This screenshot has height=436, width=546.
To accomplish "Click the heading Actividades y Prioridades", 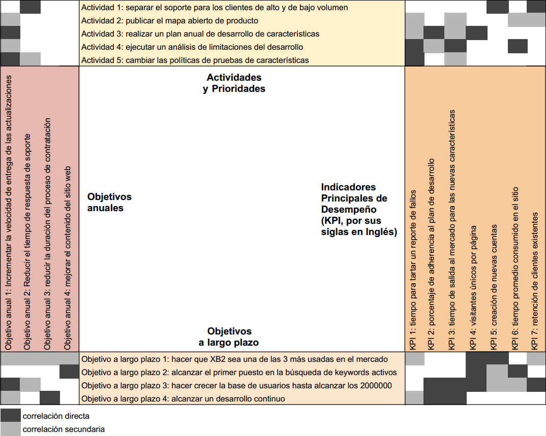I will (x=234, y=83).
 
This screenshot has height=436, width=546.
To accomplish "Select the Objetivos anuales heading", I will (x=109, y=202).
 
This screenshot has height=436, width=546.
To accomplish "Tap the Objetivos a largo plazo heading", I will (x=229, y=337).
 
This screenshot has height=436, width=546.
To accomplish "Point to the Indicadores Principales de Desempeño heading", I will (x=358, y=209).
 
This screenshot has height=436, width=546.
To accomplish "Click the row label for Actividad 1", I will (x=215, y=8).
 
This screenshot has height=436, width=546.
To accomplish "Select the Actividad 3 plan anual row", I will (x=200, y=34).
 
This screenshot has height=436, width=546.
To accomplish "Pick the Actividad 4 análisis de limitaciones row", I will (x=192, y=47).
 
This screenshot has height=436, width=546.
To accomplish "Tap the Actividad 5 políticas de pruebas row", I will (x=195, y=60).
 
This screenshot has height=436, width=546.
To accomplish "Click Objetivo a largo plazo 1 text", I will (x=234, y=359).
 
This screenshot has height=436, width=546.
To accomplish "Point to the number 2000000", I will (x=375, y=385).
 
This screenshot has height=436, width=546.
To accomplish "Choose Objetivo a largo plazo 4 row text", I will (x=183, y=398).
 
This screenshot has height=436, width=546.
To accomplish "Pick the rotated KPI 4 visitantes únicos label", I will (x=474, y=287).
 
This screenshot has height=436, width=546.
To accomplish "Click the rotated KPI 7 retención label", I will (x=535, y=280).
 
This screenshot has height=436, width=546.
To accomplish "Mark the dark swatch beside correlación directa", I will (x=11, y=416).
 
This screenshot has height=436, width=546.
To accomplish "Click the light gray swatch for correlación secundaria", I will (x=11, y=429).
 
